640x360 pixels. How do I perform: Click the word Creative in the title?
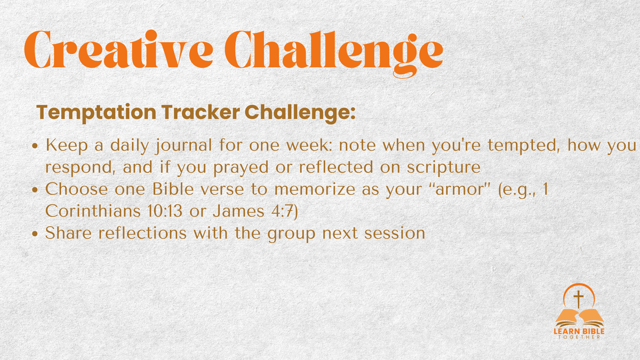click(118, 49)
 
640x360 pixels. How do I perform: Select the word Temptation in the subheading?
click(97, 113)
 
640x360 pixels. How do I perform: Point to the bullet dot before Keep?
click(35, 146)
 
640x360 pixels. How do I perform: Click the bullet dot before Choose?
click(35, 190)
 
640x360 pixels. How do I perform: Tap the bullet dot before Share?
click(35, 234)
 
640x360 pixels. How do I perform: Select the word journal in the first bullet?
click(183, 146)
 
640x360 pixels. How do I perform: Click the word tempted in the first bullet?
click(523, 146)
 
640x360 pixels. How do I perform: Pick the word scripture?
click(444, 167)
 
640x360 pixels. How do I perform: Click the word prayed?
click(241, 167)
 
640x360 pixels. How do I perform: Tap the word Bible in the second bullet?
click(173, 189)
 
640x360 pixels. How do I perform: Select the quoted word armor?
click(460, 189)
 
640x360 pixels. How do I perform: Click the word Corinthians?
click(93, 211)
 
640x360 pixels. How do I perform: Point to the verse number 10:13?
click(165, 211)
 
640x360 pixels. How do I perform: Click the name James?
click(238, 211)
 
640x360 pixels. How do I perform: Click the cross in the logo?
click(579, 299)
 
